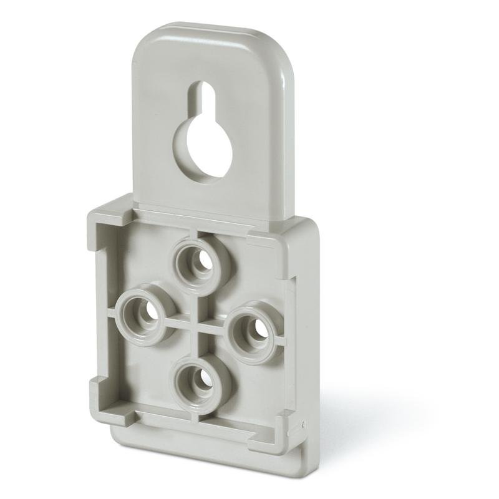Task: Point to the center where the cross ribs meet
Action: point(198,320)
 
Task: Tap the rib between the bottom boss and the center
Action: point(197,346)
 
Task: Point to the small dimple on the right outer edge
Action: point(303,425)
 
